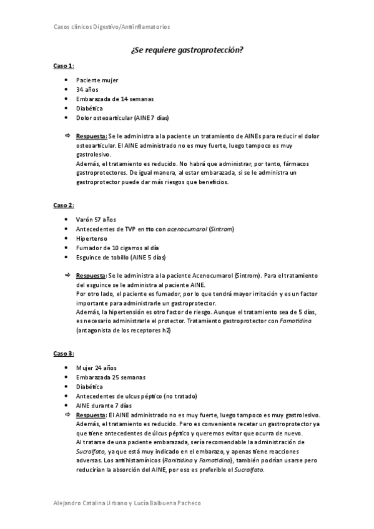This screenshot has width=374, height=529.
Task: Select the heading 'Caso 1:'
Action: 63,66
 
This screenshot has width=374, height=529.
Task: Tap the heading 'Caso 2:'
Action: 63,205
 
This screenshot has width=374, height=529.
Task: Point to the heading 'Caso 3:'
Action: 63,353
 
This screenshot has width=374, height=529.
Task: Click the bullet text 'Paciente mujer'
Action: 97,80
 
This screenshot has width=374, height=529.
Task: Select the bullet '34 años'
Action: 87,90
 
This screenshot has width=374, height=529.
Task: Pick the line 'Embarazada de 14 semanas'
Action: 115,99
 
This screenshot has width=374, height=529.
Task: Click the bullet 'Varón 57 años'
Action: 96,220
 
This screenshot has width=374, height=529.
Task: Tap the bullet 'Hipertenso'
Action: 92,238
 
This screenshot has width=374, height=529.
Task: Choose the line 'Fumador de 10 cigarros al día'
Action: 117,248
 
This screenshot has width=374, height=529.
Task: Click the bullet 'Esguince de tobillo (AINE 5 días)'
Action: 121,257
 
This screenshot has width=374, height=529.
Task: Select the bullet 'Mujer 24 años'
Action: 96,368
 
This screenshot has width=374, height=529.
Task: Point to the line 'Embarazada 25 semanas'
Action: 111,377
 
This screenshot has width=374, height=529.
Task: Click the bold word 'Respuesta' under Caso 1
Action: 91,135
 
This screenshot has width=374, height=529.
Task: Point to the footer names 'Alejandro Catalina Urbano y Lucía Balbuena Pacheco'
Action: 127,503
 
